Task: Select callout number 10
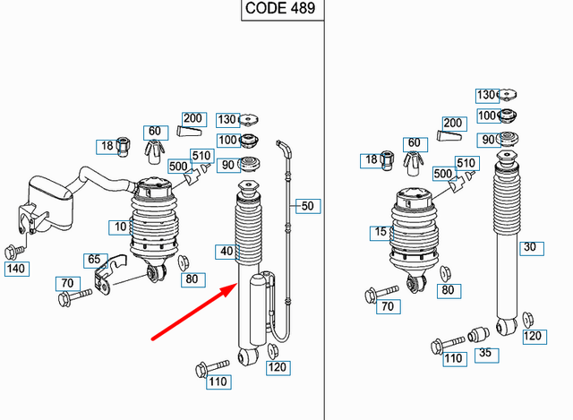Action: [121, 227]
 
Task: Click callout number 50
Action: [307, 206]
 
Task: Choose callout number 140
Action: [16, 268]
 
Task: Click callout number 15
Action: [382, 233]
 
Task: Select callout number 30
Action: [530, 247]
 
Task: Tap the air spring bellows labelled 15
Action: [417, 232]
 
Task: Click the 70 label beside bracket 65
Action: [66, 284]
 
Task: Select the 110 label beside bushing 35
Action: [454, 358]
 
